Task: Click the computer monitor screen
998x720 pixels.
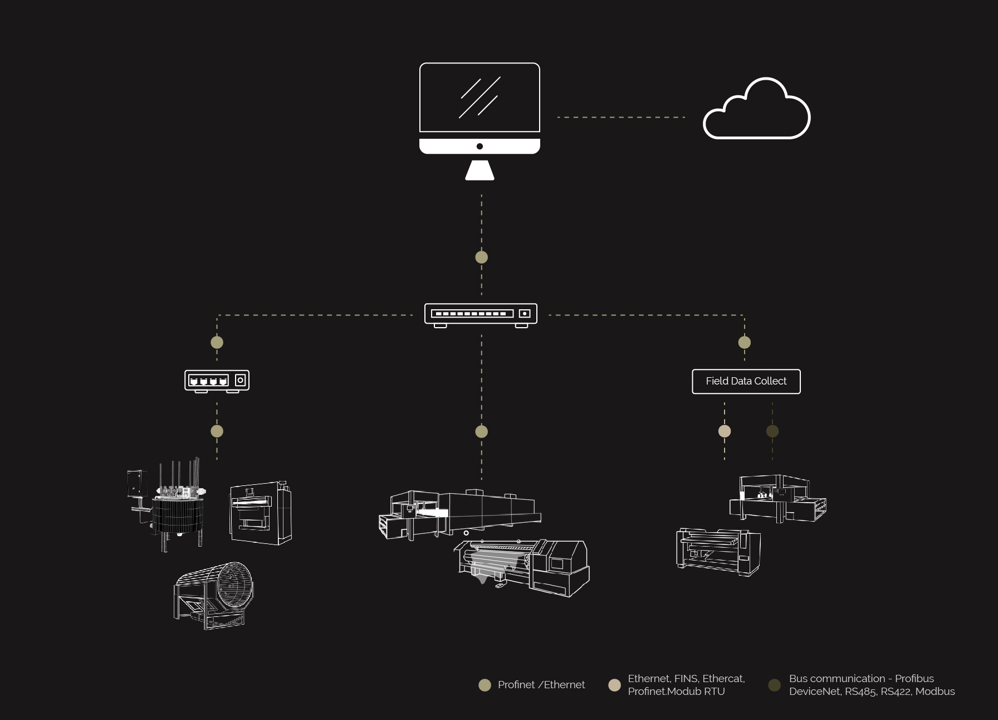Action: click(480, 98)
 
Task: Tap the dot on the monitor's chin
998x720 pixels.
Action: click(480, 147)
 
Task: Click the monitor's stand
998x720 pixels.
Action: click(480, 171)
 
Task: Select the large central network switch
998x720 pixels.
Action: click(481, 314)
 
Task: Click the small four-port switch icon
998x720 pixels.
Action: click(217, 381)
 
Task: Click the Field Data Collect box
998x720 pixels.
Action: click(746, 381)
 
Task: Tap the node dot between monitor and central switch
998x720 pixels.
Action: click(481, 257)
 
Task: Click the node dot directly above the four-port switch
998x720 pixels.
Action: click(217, 342)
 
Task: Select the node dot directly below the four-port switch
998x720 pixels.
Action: click(217, 431)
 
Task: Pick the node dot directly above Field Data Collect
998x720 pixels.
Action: click(744, 342)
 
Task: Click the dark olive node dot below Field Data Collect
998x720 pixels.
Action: click(772, 431)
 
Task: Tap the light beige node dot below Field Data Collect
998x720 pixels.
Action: click(724, 431)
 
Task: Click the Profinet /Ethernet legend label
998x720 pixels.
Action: click(541, 684)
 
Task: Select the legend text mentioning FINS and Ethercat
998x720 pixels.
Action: click(686, 684)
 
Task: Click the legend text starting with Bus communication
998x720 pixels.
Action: click(872, 684)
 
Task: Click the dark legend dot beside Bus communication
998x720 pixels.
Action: click(774, 685)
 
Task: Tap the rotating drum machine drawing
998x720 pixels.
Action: click(214, 595)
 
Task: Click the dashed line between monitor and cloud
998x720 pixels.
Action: click(621, 117)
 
